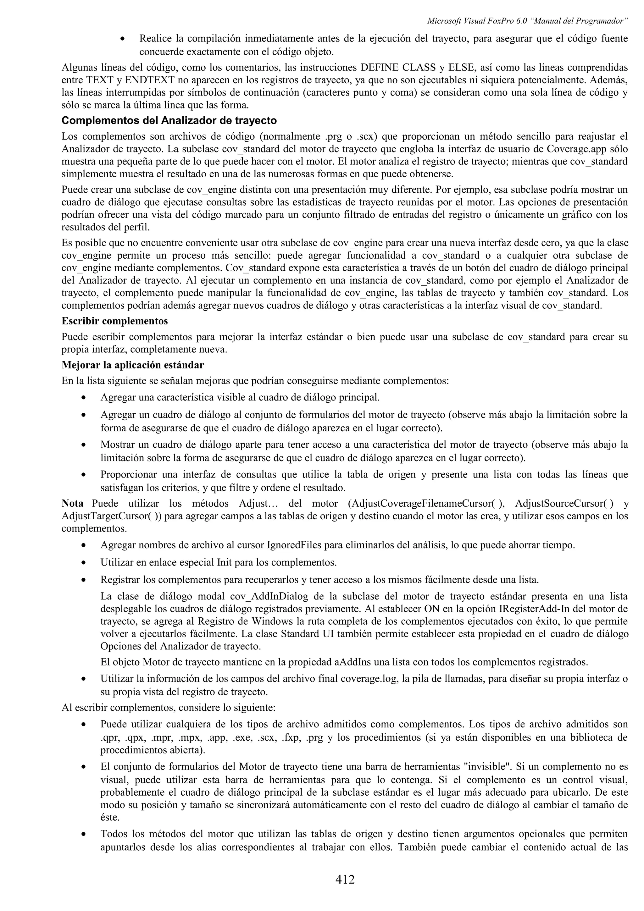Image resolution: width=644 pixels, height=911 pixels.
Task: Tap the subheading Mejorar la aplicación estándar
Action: point(132,365)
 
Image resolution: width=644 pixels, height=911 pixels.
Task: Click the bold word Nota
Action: point(72,504)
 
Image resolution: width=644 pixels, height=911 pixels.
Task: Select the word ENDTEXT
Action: point(150,80)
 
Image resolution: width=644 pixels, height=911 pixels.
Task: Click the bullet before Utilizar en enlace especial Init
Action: point(83,563)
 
